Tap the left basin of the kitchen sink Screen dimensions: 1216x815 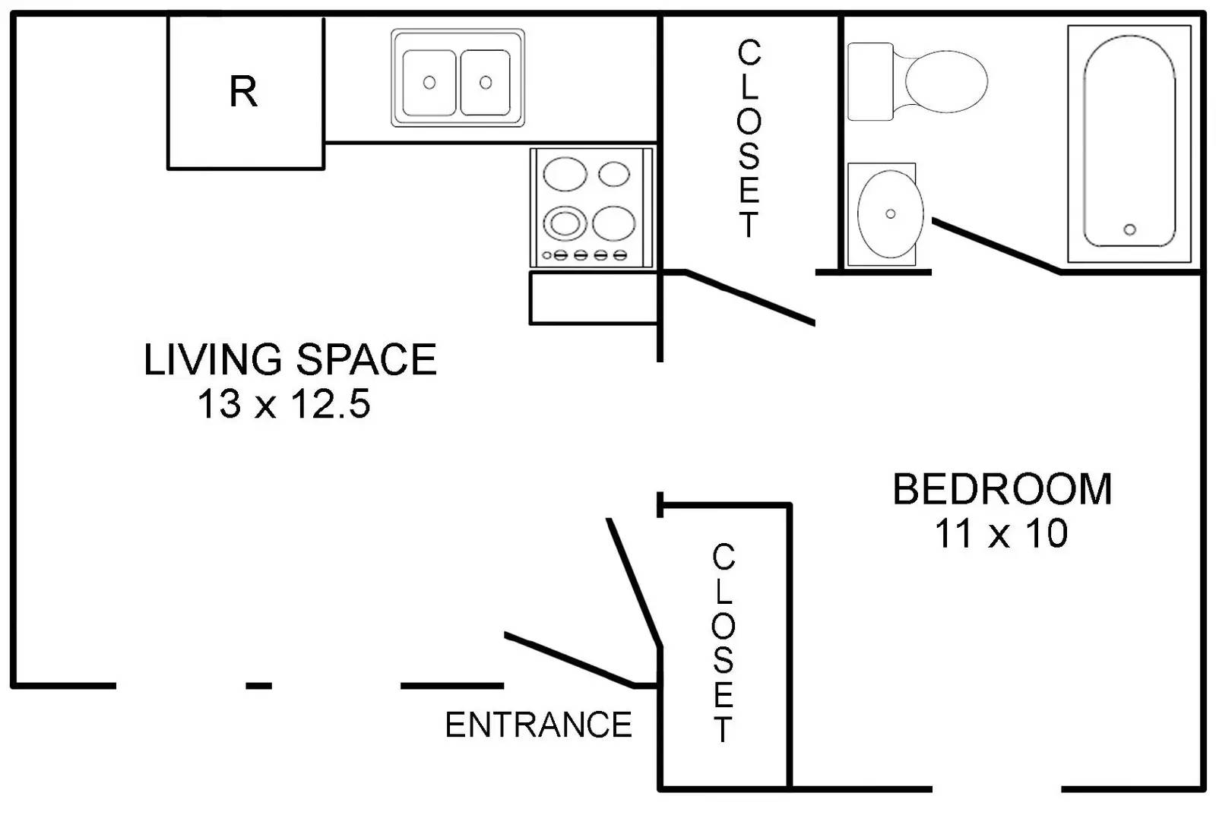[429, 83]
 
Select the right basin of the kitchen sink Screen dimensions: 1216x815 [486, 83]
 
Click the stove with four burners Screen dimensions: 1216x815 [592, 208]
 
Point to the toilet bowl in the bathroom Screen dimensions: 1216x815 [945, 81]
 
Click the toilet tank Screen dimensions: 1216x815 [870, 81]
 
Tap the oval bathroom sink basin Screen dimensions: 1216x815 [890, 213]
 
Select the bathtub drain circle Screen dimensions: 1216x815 [1129, 229]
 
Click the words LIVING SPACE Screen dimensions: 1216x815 [290, 359]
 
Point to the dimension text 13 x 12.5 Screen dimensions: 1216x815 [284, 404]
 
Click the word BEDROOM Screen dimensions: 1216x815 [1002, 489]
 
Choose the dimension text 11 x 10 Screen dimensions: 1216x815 [1001, 533]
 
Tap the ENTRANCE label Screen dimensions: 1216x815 [539, 725]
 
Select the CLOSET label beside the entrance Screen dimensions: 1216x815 [723, 643]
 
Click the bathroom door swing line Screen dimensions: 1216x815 [996, 245]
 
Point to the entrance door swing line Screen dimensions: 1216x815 [569, 660]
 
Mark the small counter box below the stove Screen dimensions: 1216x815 [594, 298]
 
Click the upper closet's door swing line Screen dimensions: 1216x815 [749, 297]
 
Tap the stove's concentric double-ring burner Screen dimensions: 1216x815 [565, 223]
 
